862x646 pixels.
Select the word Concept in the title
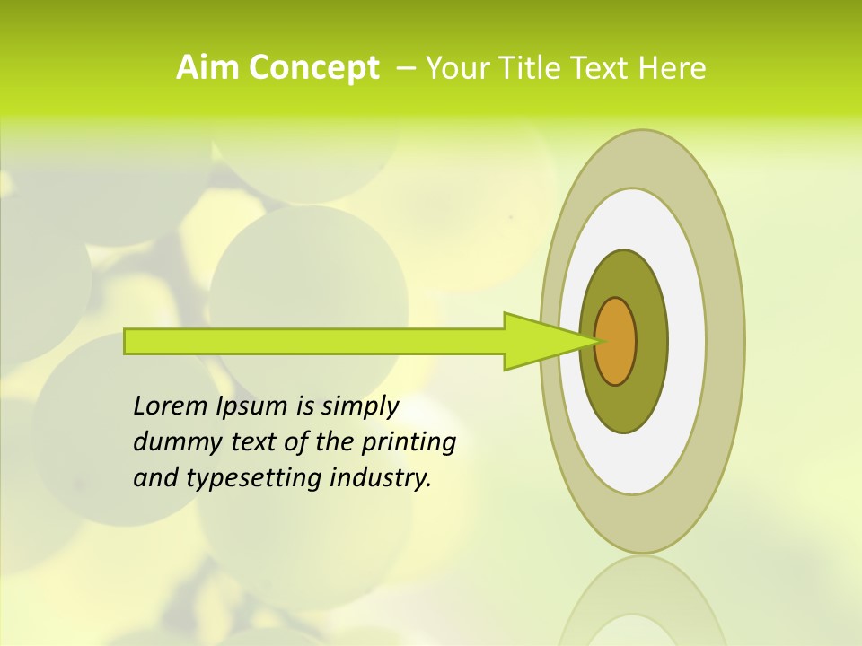[312, 68]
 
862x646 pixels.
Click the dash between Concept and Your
[406, 68]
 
